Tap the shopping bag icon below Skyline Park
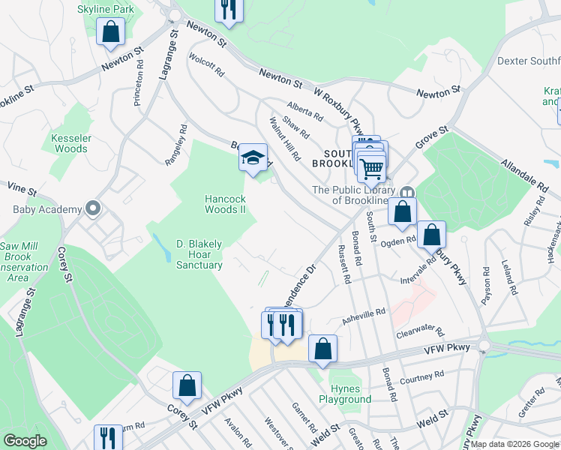[x=111, y=33]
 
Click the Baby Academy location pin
[x=93, y=208]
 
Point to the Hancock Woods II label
[x=226, y=204]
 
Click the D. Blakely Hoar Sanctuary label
[x=199, y=254]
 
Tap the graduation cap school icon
[x=253, y=158]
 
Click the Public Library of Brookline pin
[x=407, y=193]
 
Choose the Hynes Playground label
[x=351, y=394]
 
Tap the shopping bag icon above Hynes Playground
[x=322, y=349]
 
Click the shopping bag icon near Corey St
[x=187, y=386]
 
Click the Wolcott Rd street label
[x=207, y=66]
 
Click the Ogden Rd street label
[x=398, y=241]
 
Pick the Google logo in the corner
[x=24, y=441]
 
